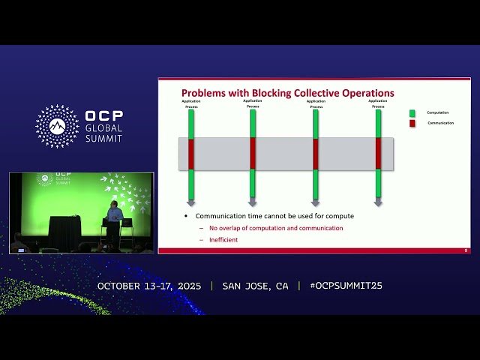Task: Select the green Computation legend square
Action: click(x=412, y=113)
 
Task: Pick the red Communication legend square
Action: click(x=412, y=123)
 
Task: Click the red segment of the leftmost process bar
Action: click(x=191, y=153)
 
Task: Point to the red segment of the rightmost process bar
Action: click(x=378, y=153)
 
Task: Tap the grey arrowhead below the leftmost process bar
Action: click(x=191, y=202)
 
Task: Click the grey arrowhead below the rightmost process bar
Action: click(x=378, y=202)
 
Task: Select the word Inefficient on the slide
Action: click(x=223, y=239)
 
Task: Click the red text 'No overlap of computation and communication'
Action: click(x=276, y=228)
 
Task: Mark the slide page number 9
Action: click(x=466, y=250)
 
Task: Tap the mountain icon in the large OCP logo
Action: click(x=57, y=126)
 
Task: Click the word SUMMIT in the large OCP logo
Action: click(x=103, y=139)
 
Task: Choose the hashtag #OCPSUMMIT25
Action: click(x=346, y=286)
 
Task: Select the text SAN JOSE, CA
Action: click(x=255, y=286)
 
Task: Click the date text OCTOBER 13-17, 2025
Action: click(x=150, y=286)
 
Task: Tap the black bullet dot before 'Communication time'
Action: click(x=187, y=216)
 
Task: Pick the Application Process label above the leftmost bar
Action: click(x=191, y=103)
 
